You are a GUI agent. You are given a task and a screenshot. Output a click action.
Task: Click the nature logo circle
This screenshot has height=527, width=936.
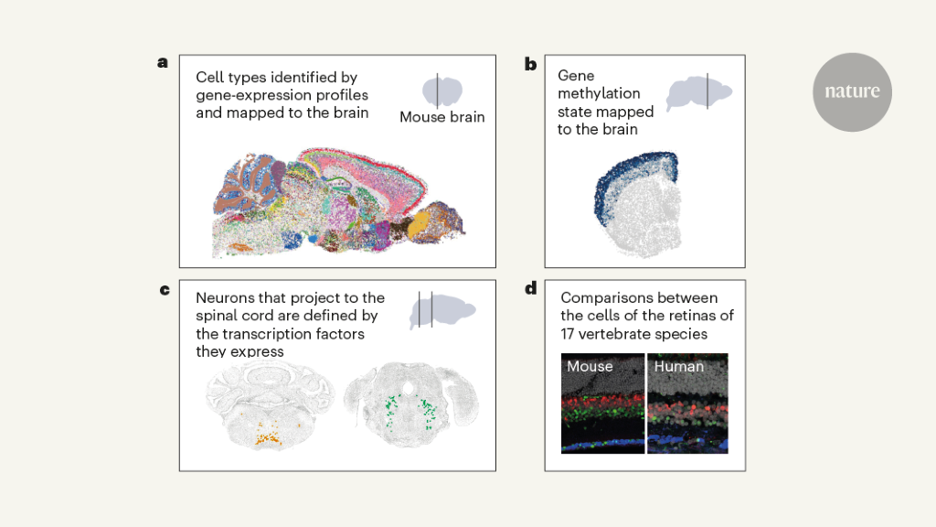coord(852,91)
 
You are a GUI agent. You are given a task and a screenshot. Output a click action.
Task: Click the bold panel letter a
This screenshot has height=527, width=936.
coord(163,62)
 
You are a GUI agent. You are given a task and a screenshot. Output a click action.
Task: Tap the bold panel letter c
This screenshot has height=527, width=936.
coord(164,290)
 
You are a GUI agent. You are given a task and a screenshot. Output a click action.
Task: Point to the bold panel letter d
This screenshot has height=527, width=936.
coord(530,290)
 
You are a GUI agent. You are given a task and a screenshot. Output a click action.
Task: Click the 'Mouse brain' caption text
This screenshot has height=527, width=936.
coord(442,117)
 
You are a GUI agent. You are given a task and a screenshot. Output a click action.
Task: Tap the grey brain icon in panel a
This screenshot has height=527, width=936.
coord(442,91)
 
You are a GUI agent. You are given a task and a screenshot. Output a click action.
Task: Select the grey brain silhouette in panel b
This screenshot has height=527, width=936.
coord(699,92)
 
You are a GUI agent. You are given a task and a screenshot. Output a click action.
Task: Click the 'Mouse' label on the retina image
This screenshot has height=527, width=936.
coord(589,367)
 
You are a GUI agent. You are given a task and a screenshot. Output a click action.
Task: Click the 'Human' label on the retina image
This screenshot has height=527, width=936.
coord(677,367)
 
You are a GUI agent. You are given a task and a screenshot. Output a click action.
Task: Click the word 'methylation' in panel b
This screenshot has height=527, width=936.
coord(599,93)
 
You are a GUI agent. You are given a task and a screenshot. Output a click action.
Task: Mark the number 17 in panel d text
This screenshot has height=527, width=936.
coord(570,334)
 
